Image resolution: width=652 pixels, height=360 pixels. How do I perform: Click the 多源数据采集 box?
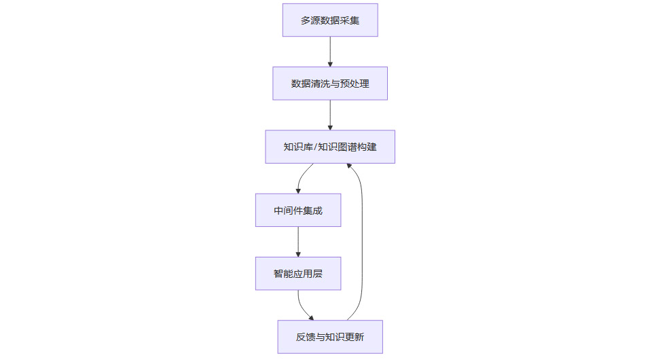[330, 20]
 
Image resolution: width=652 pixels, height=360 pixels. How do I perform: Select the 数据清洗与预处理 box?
[330, 84]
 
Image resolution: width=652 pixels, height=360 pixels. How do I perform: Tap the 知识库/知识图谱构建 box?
[330, 147]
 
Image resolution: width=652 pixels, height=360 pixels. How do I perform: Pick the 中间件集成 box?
[298, 211]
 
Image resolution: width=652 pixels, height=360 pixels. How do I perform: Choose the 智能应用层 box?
[298, 274]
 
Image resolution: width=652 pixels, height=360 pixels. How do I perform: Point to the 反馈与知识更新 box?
[330, 337]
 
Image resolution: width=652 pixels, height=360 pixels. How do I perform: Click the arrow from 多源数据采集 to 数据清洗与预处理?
[330, 51]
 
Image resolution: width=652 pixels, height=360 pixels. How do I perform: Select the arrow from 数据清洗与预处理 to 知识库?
[330, 114]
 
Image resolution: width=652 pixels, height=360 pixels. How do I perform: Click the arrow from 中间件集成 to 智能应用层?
[298, 241]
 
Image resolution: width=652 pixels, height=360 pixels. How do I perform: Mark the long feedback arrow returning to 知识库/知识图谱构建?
[362, 245]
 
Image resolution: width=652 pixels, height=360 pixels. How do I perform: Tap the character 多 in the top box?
[306, 20]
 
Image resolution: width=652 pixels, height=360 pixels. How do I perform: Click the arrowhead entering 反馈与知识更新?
[311, 317]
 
